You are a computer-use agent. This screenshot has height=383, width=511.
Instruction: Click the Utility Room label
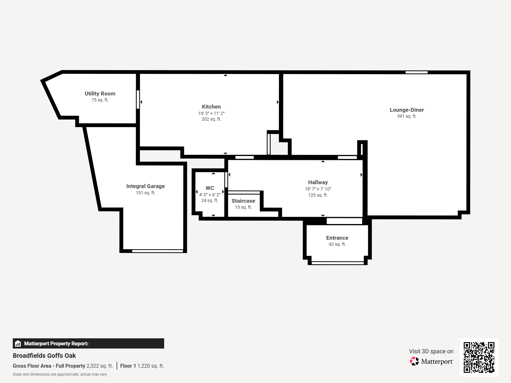click(x=100, y=94)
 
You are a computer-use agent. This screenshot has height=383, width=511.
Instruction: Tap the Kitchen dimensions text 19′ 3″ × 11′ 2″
click(x=211, y=113)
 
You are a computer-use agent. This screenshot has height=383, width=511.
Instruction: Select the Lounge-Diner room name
click(x=407, y=110)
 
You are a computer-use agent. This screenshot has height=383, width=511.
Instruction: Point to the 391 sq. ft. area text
click(x=407, y=116)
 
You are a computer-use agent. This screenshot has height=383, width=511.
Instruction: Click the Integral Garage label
click(x=145, y=186)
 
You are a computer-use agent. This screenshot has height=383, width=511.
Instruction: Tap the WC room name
click(x=210, y=188)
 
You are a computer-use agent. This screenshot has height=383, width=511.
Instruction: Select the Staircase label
click(x=243, y=201)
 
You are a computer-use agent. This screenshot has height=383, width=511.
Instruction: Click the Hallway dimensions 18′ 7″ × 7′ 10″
click(x=318, y=189)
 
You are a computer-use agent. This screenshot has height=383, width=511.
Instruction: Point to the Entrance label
click(x=337, y=238)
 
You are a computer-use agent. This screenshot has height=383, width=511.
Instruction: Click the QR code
click(x=479, y=357)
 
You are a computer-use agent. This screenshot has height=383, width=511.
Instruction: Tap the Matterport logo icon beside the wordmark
click(x=414, y=361)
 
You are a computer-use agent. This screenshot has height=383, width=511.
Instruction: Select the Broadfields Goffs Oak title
click(x=44, y=356)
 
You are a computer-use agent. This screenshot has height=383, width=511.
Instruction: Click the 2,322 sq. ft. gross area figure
click(x=100, y=366)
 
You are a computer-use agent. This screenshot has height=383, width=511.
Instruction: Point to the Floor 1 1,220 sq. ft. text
click(x=142, y=366)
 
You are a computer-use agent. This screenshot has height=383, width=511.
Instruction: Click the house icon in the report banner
click(x=18, y=343)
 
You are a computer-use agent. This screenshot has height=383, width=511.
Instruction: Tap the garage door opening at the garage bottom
click(x=157, y=251)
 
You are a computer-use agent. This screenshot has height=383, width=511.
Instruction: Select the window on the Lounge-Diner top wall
click(x=416, y=72)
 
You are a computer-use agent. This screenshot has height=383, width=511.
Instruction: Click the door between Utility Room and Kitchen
click(x=138, y=100)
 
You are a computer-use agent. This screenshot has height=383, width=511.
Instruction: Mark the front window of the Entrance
click(x=338, y=263)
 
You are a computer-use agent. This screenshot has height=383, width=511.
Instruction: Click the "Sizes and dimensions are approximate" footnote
click(x=60, y=374)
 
